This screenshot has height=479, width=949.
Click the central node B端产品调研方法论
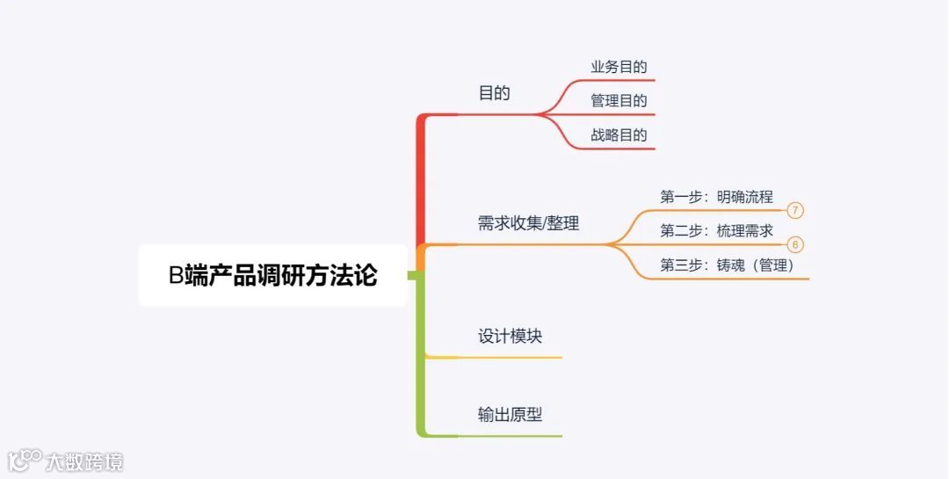272,276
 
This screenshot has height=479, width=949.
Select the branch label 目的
494,93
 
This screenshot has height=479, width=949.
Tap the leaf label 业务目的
619,67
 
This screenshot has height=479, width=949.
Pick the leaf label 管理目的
619,101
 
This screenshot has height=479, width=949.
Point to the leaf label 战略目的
619,135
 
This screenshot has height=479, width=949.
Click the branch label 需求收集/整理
528,223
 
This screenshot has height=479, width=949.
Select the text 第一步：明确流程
716,197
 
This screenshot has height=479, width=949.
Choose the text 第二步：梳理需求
716,231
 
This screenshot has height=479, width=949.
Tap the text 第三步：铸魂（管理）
727,265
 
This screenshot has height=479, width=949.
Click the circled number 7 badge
795,211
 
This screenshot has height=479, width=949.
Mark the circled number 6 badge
795,245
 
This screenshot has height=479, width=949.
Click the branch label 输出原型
511,415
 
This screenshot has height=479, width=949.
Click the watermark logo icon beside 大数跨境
25,459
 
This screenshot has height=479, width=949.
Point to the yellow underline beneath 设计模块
510,358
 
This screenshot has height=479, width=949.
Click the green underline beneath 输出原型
510,436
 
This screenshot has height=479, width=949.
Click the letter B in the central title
176,276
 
